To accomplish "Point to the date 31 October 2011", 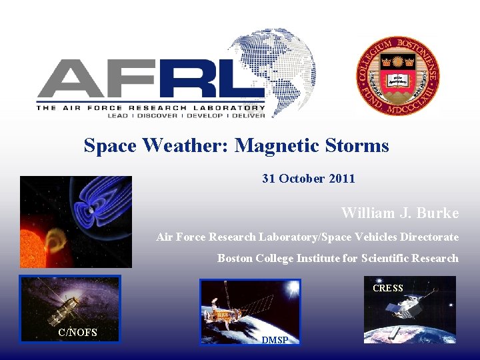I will (x=309, y=179).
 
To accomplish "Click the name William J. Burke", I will (x=400, y=213).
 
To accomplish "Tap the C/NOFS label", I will (x=77, y=332).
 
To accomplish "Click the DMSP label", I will (x=275, y=340).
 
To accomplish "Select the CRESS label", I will (x=388, y=288).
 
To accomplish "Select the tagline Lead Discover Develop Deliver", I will (x=186, y=115).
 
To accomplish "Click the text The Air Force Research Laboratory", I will (x=151, y=107).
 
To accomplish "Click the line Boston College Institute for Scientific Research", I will (x=338, y=258).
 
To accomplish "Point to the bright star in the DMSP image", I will (x=291, y=288).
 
